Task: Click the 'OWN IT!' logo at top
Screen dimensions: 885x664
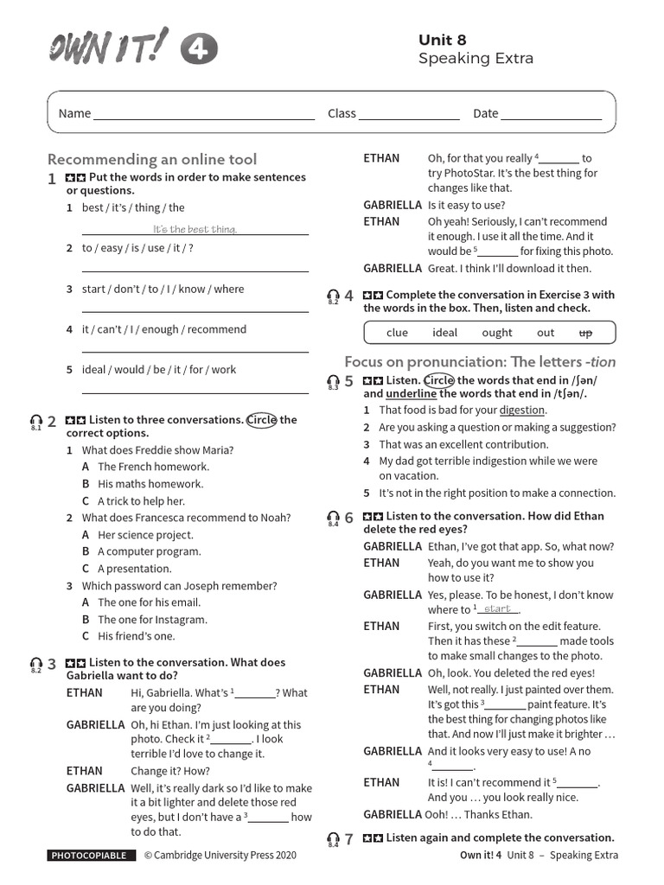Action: pyautogui.click(x=108, y=45)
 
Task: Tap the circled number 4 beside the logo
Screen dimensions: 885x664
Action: pyautogui.click(x=199, y=52)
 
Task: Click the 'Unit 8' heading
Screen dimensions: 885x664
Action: pyautogui.click(x=442, y=40)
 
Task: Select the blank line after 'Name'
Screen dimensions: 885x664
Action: pyautogui.click(x=204, y=114)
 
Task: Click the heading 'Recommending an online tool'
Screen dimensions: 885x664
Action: pyautogui.click(x=151, y=159)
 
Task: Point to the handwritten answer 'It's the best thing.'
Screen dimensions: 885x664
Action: pyautogui.click(x=195, y=229)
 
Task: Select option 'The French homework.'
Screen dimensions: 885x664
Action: pyautogui.click(x=153, y=467)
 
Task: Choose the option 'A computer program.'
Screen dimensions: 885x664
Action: pyautogui.click(x=149, y=551)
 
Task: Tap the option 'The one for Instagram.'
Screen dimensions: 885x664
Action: pyautogui.click(x=152, y=620)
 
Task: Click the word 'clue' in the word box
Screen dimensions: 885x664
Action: pyautogui.click(x=397, y=333)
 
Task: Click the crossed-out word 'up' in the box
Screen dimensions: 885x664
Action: pyautogui.click(x=584, y=333)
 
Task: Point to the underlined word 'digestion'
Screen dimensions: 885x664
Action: pyautogui.click(x=522, y=411)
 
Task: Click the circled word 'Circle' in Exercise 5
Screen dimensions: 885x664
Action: pyautogui.click(x=438, y=380)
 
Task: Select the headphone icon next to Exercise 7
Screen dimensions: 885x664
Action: pyautogui.click(x=333, y=839)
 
